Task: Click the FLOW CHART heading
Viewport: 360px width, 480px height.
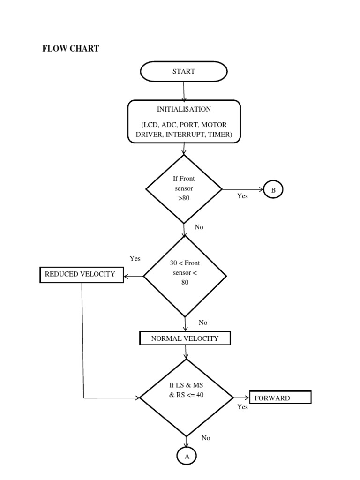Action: [71, 48]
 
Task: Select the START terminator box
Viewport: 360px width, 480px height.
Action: [184, 72]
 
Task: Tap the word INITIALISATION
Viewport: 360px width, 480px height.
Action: [184, 109]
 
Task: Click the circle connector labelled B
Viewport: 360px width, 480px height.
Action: [274, 190]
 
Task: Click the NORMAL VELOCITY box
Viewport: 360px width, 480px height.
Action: [185, 338]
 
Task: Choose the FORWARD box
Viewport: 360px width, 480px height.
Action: [280, 397]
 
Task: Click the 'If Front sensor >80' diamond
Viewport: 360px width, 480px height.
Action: [184, 189]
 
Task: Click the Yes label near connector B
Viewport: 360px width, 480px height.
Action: [242, 196]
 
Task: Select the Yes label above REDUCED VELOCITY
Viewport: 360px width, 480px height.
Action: [135, 258]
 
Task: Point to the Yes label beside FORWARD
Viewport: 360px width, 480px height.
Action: [242, 407]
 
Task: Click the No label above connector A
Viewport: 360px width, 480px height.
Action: [206, 438]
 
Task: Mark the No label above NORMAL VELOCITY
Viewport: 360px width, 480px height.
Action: [203, 322]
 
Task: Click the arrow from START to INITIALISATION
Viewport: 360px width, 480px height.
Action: [184, 91]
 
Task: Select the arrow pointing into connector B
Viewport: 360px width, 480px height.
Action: [243, 189]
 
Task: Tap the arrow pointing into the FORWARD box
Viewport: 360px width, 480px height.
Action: [242, 397]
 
